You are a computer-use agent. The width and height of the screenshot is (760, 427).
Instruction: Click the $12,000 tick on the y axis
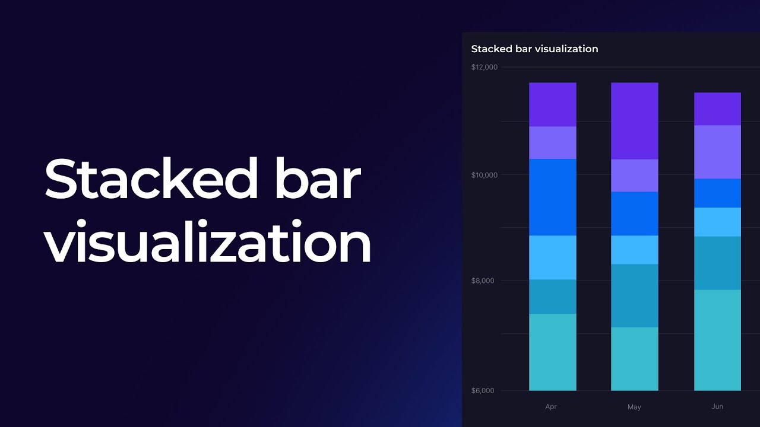tap(484, 67)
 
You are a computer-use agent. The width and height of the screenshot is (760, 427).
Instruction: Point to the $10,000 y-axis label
tap(484, 175)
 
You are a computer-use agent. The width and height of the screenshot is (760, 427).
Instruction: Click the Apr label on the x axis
tap(551, 407)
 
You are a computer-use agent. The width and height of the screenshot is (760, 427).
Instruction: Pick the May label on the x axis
tap(634, 407)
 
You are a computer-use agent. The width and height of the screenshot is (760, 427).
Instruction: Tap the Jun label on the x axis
tap(717, 407)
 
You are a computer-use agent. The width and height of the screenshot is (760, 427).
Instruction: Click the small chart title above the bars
tap(534, 49)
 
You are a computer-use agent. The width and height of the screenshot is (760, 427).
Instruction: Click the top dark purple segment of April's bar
tap(552, 104)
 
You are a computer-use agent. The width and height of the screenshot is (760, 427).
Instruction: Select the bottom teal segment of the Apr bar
tap(552, 352)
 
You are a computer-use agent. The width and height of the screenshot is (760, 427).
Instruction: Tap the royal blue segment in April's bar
tap(552, 197)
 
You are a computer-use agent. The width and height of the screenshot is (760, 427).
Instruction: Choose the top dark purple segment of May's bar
tap(634, 121)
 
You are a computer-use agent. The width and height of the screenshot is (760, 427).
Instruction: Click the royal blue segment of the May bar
tap(634, 213)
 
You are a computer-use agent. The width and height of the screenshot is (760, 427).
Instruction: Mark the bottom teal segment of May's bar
tap(634, 359)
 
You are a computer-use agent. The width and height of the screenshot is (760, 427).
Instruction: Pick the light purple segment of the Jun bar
tap(717, 152)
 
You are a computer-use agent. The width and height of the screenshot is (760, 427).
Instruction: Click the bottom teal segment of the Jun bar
tap(717, 340)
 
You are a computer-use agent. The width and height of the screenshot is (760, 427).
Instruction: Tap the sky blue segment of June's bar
tap(717, 222)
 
